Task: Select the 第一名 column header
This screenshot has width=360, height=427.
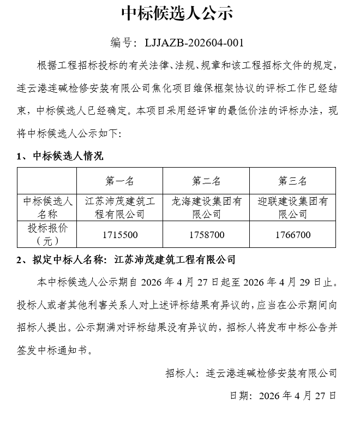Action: [x=119, y=181]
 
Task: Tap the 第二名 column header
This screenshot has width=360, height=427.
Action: [x=206, y=181]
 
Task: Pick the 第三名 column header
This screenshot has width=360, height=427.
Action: [x=293, y=181]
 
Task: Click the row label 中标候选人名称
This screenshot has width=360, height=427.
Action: [x=47, y=207]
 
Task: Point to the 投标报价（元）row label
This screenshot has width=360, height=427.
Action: [x=47, y=234]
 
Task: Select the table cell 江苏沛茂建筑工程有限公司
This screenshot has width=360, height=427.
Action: [x=119, y=207]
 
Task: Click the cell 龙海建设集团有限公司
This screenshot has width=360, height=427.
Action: [x=206, y=207]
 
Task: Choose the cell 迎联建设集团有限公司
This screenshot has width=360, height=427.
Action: [x=293, y=207]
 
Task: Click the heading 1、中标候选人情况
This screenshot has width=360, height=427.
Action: [x=60, y=156]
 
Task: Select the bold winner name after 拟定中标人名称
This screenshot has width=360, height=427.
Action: [x=176, y=259]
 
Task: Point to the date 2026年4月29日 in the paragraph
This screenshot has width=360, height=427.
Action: [x=281, y=283]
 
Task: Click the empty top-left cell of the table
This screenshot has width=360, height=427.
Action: [x=47, y=181]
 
